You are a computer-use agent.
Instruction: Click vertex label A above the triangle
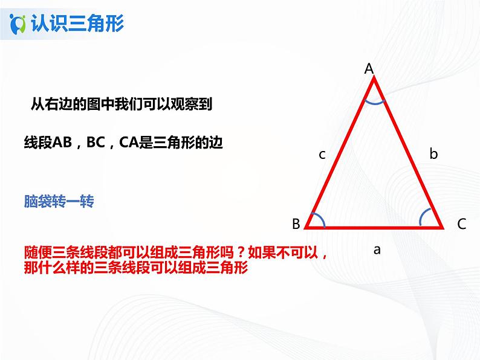(369, 69)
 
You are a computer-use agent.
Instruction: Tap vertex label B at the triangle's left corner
(296, 224)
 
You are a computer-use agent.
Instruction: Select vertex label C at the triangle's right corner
(461, 224)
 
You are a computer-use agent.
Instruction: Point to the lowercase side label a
(377, 249)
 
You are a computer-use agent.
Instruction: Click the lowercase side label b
(433, 154)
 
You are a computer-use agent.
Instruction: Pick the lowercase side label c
(322, 155)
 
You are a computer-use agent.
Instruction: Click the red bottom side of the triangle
(374, 228)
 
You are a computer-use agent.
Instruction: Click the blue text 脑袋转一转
(59, 201)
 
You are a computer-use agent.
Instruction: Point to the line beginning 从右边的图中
(121, 104)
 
